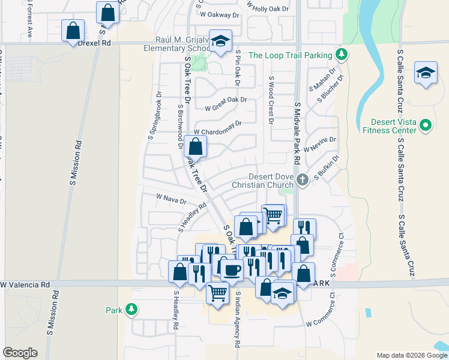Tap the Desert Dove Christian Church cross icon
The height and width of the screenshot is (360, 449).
pyautogui.click(x=303, y=179)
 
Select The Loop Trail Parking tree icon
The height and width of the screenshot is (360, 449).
pyautogui.click(x=342, y=55)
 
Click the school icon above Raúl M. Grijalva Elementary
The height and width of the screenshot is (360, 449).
pyautogui.click(x=221, y=41)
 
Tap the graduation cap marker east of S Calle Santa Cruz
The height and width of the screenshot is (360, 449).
pyautogui.click(x=426, y=74)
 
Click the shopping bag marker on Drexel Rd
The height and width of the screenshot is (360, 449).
pyautogui.click(x=73, y=31)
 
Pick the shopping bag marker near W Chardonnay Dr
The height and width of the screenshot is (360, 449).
pyautogui.click(x=195, y=146)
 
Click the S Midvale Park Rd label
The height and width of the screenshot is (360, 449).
pyautogui.click(x=297, y=133)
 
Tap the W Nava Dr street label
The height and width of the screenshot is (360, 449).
pyautogui.click(x=171, y=199)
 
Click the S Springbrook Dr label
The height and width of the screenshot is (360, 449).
pyautogui.click(x=155, y=116)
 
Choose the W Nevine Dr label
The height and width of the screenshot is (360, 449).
pyautogui.click(x=320, y=144)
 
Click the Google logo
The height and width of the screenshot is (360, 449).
pyautogui.click(x=20, y=353)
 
